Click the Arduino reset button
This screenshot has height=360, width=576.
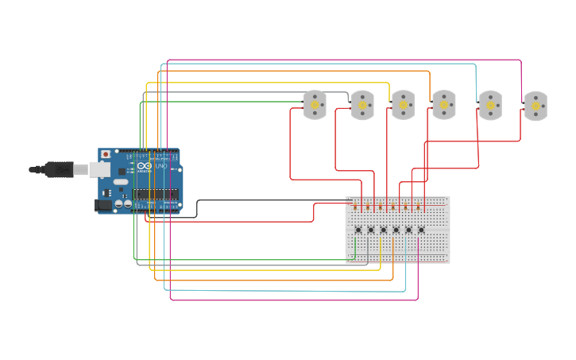click(106, 154)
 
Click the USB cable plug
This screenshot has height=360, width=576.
click(59, 169)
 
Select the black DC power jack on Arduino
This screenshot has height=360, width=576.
click(102, 205)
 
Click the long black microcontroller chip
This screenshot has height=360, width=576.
click(155, 195)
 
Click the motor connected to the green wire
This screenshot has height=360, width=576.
click(315, 105)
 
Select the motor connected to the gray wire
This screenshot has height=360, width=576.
click(362, 105)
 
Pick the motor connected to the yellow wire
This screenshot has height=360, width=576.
click(403, 105)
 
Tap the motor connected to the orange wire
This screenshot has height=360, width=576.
click(443, 105)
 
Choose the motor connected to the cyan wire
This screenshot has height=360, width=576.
click(489, 105)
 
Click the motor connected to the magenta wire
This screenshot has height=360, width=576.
click(535, 106)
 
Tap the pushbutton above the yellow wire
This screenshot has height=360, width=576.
click(383, 230)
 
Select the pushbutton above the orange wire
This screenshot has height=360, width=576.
click(396, 230)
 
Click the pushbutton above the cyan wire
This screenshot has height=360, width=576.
click(408, 230)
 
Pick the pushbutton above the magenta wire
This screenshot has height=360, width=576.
click(421, 230)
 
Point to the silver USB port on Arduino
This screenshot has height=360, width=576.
click(99, 169)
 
